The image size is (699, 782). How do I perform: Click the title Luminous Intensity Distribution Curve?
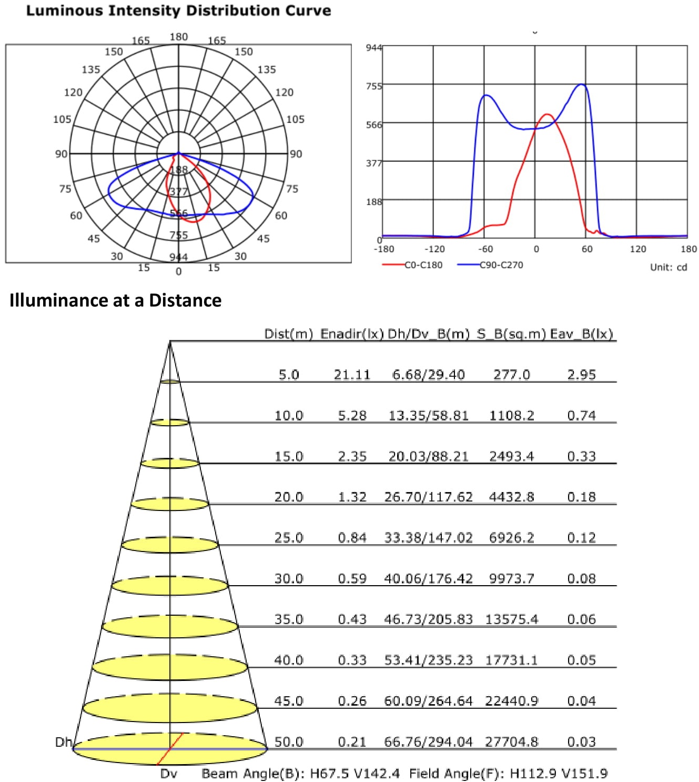point(178,11)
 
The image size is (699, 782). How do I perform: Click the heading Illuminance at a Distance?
point(115,300)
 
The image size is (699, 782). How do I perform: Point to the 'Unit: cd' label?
point(668,267)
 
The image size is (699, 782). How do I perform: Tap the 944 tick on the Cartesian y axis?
point(373,48)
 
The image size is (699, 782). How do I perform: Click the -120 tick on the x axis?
point(434,249)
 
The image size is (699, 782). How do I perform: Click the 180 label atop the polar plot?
point(178,37)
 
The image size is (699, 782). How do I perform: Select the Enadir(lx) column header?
point(352,334)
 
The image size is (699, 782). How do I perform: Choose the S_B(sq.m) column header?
point(511,334)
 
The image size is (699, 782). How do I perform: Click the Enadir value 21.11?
point(352,375)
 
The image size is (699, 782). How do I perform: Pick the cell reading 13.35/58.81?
point(428,415)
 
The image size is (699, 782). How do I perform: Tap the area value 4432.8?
point(511,497)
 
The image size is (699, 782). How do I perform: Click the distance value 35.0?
point(289,619)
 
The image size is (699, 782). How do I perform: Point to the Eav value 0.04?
point(581,700)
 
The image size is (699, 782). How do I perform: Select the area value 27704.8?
point(511,741)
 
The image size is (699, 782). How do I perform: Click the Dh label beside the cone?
point(63,742)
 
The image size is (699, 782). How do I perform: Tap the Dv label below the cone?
point(168,774)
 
